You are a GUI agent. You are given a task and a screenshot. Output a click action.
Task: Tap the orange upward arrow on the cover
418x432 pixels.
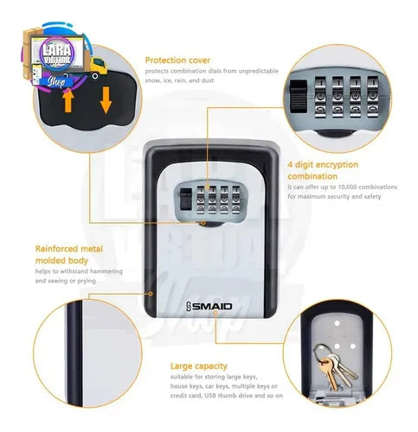click(x=68, y=100)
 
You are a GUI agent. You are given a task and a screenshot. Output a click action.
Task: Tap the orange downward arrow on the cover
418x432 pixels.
click(x=106, y=99)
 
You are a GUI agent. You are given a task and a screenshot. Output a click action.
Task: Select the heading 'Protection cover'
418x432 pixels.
click(x=177, y=60)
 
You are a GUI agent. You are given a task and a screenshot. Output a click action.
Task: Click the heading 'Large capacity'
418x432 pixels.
click(x=199, y=366)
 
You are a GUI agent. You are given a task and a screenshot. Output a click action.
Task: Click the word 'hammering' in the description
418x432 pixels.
click(x=106, y=271)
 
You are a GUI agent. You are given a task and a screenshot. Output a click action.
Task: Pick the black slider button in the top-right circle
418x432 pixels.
click(x=299, y=96)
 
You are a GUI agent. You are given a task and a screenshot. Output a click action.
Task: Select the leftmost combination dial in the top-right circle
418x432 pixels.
click(x=321, y=97)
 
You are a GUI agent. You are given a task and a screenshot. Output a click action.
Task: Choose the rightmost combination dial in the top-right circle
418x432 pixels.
click(x=373, y=97)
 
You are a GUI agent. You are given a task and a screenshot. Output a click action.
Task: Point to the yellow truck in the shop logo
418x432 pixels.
click(x=99, y=67)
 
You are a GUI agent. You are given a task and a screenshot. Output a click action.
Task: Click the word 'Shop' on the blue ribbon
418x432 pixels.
click(x=56, y=81)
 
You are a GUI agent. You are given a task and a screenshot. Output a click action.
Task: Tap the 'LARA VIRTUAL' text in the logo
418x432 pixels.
click(x=57, y=54)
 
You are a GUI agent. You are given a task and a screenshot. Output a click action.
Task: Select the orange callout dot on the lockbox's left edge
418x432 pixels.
click(x=151, y=294)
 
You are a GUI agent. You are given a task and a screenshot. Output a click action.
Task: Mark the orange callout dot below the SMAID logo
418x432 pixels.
click(x=215, y=313)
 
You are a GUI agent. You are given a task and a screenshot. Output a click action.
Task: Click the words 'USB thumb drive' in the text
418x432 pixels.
click(x=228, y=396)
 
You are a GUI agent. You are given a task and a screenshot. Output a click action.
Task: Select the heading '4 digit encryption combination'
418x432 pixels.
click(x=323, y=170)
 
